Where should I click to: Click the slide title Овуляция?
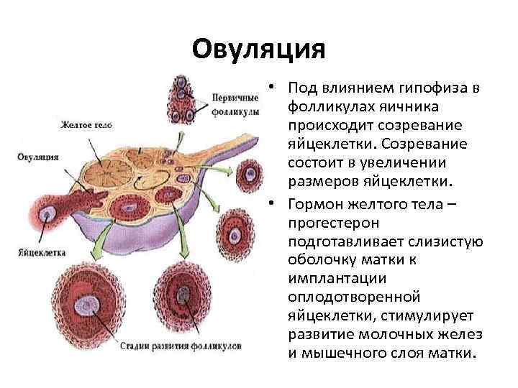coord(259,50)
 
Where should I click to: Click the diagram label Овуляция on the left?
coord(38,157)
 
